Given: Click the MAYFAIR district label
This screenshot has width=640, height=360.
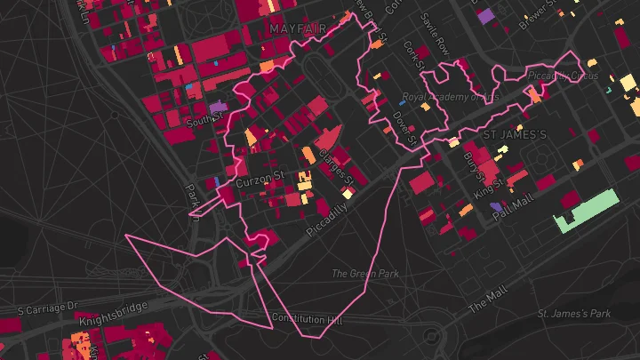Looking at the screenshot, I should click(297, 29).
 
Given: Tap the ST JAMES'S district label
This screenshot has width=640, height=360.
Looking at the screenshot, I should click(513, 134).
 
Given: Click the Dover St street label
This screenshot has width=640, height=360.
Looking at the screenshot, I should click(404, 124).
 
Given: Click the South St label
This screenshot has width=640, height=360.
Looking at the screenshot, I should click(202, 117).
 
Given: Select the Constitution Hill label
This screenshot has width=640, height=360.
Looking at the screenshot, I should click(307, 318).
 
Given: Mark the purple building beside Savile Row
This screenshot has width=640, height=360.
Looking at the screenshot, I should click(485, 15).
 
